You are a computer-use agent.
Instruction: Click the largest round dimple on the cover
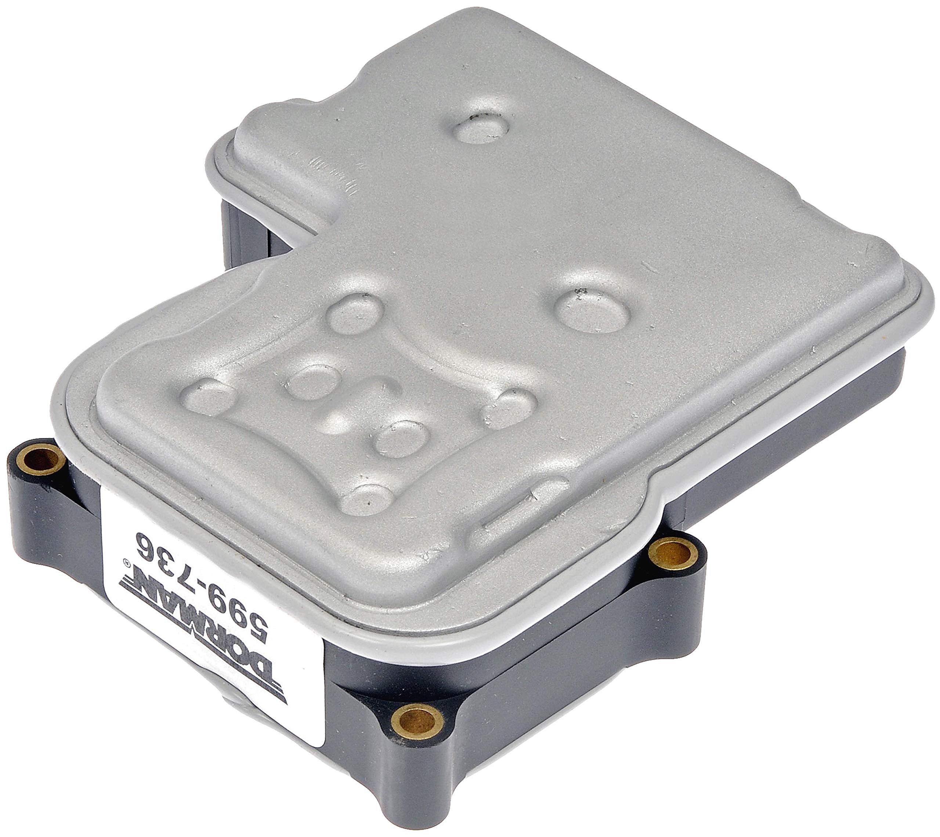592,310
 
